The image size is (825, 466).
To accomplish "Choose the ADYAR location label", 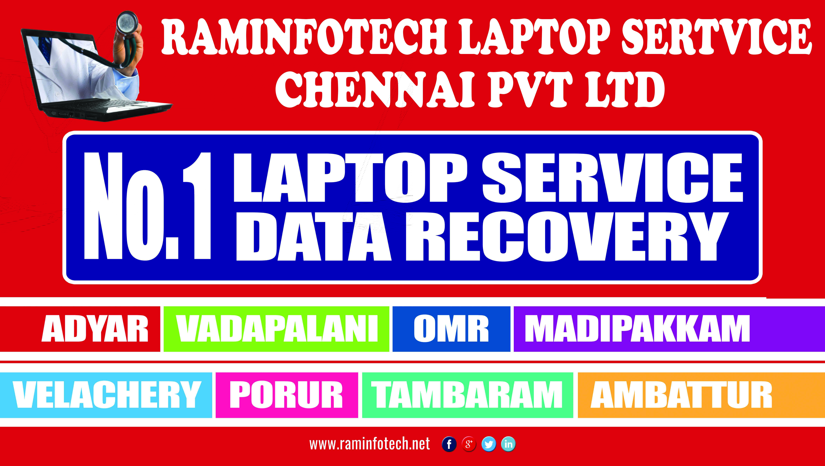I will point(95,329).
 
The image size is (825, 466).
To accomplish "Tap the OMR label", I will point(451,329).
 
